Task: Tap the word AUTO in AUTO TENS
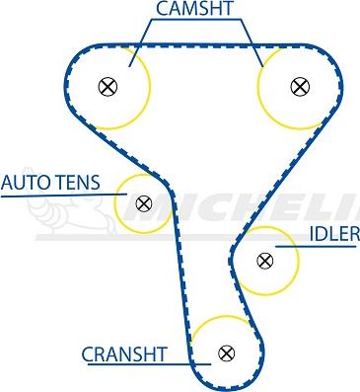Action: coord(20,183)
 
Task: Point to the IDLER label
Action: coord(333,234)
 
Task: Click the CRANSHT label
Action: coord(124,353)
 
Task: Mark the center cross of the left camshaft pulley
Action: coord(108,86)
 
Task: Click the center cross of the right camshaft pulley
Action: coord(298,86)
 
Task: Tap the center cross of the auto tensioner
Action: coord(144,204)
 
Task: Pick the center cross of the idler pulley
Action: coord(264,261)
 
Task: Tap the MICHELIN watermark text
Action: coord(266,209)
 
